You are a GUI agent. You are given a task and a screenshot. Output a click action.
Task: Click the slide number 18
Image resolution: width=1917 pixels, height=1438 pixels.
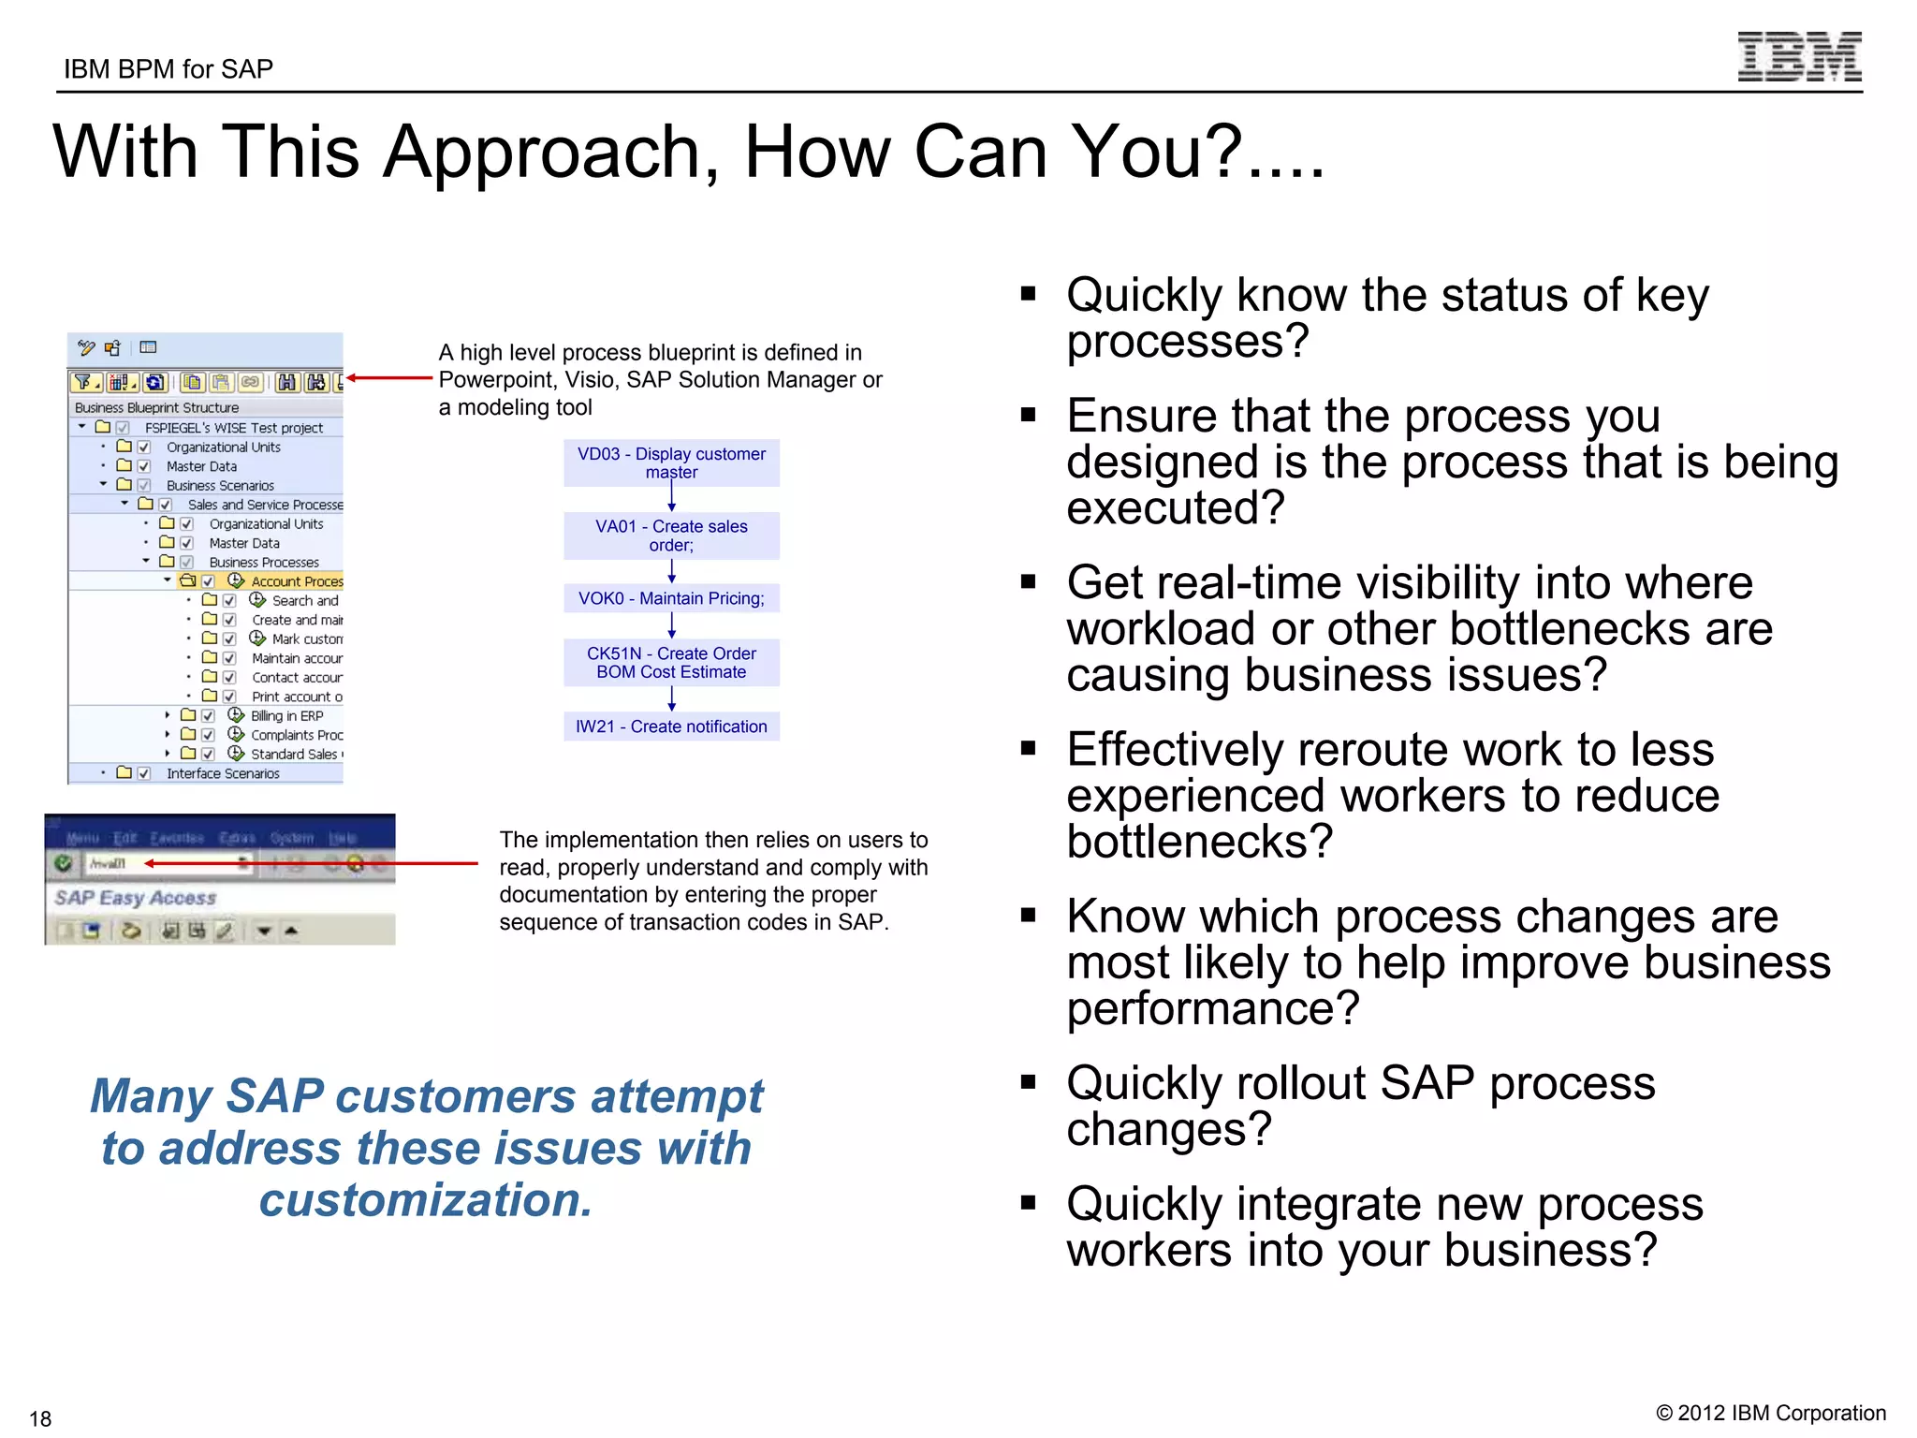[40, 1418]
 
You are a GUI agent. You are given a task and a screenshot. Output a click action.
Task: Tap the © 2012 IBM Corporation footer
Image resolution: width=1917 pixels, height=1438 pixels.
[1770, 1413]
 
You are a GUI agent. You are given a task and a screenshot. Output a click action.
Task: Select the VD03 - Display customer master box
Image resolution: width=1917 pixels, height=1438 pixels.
[671, 462]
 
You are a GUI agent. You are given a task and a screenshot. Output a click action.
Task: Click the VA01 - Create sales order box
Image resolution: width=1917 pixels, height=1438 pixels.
[671, 536]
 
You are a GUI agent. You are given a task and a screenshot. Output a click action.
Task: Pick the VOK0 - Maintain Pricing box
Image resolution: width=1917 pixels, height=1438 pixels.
[671, 598]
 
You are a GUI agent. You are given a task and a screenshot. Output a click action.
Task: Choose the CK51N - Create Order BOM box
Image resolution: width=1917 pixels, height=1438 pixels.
[671, 663]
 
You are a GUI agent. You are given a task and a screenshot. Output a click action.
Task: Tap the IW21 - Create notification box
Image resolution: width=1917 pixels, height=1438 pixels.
[671, 726]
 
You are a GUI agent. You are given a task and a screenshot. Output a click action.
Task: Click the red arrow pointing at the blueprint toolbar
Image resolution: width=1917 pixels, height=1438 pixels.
[388, 378]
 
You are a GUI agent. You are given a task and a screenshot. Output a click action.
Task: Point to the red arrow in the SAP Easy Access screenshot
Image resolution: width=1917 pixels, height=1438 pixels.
[309, 863]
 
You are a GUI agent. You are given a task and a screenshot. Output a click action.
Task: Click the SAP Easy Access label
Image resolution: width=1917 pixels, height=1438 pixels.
[136, 898]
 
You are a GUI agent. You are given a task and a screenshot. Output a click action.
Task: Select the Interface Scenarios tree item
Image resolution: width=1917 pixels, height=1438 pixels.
[223, 773]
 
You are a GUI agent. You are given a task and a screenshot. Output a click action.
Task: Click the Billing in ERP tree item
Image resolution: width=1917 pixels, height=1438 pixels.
[286, 716]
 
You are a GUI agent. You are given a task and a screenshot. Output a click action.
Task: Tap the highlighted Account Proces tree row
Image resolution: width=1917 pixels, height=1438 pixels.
[296, 581]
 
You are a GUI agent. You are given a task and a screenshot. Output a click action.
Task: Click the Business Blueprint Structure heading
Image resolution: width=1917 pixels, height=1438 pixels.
[156, 407]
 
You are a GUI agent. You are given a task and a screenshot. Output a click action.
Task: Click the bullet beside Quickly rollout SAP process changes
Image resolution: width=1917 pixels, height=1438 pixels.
[1029, 1083]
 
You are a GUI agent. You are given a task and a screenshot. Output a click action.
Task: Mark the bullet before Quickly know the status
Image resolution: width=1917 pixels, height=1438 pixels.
[1029, 295]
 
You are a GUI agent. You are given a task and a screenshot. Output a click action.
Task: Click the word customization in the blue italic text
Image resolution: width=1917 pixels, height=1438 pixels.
[426, 1200]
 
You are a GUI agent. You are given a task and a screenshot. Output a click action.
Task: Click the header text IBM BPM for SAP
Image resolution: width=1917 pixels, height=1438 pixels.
[168, 69]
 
